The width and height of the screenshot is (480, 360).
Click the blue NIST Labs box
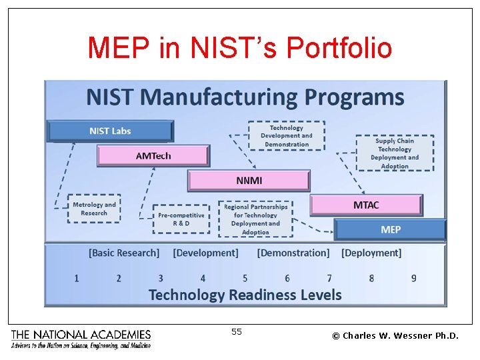pyautogui.click(x=110, y=131)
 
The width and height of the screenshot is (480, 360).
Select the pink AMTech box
pyautogui.click(x=153, y=155)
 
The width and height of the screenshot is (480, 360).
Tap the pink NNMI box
pyautogui.click(x=249, y=181)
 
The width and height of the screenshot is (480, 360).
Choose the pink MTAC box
pyautogui.click(x=366, y=205)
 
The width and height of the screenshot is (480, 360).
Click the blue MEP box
pyautogui.click(x=390, y=229)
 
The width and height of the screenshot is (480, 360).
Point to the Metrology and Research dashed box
pyautogui.click(x=94, y=209)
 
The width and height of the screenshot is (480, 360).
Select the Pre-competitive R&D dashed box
pyautogui.click(x=181, y=219)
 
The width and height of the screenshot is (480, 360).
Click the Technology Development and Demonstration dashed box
pyautogui.click(x=287, y=136)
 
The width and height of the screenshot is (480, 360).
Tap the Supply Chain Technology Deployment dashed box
pyautogui.click(x=395, y=153)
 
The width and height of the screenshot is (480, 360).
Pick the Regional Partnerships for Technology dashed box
pyautogui.click(x=255, y=219)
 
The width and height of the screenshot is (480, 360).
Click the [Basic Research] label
pyautogui.click(x=124, y=253)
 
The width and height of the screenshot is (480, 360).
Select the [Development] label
pyautogui.click(x=205, y=253)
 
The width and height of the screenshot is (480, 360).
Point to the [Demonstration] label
pyautogui.click(x=293, y=253)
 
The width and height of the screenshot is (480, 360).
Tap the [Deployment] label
pyautogui.click(x=371, y=253)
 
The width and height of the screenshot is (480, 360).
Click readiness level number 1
pyautogui.click(x=77, y=278)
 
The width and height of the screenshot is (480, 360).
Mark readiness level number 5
pyautogui.click(x=245, y=278)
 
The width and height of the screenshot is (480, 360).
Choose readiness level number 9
pyautogui.click(x=413, y=278)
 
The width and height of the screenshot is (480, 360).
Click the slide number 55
pyautogui.click(x=237, y=331)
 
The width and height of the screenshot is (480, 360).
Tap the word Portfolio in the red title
pyautogui.click(x=339, y=48)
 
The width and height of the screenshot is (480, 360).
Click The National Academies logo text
pyautogui.click(x=81, y=335)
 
